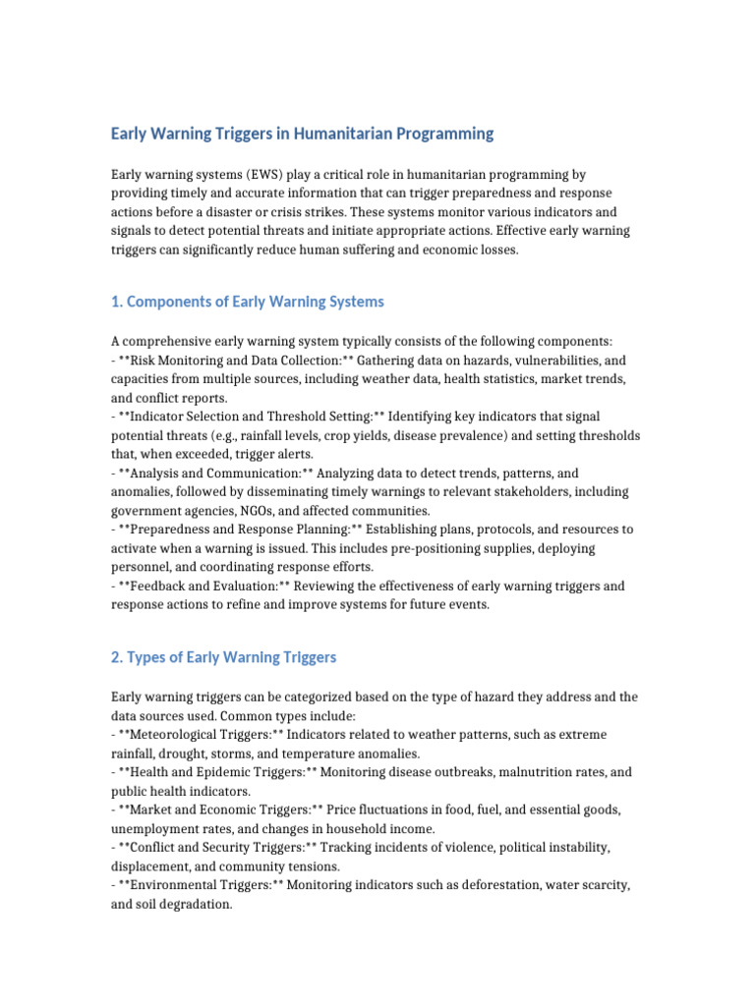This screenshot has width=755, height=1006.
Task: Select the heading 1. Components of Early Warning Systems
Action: [248, 302]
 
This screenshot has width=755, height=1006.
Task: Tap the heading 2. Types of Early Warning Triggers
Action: [223, 657]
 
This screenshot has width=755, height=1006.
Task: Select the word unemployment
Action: [153, 828]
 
